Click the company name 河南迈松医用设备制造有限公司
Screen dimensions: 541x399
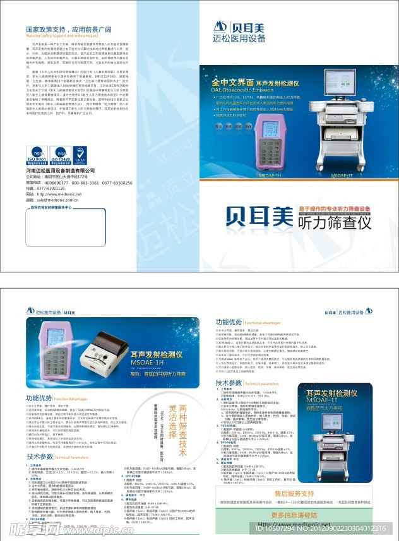click(60, 171)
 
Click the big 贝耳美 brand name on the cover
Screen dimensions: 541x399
click(259, 218)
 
